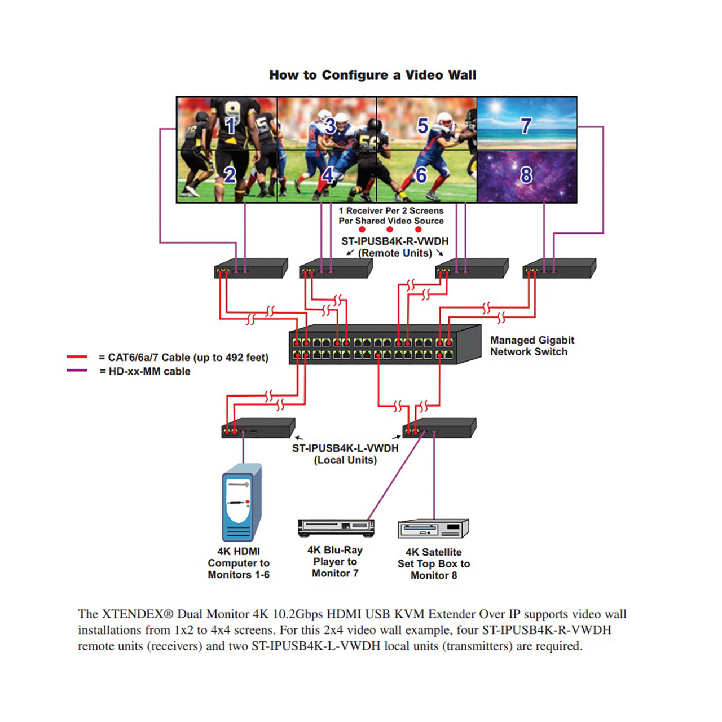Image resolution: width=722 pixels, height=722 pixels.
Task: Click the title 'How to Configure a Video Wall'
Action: tap(372, 75)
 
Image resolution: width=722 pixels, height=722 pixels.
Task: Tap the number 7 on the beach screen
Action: tap(526, 126)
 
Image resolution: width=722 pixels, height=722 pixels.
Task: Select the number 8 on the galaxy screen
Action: tap(526, 175)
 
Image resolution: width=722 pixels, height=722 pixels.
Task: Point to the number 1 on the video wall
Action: tap(230, 125)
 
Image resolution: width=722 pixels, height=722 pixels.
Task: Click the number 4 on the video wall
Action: tap(328, 175)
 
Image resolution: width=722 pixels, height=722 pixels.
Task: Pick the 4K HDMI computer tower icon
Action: tap(242, 502)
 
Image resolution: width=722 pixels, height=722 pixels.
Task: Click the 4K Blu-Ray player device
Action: tap(336, 529)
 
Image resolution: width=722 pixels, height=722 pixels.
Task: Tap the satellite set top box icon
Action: tap(433, 529)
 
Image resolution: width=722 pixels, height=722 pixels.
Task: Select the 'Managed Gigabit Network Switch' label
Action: tap(532, 346)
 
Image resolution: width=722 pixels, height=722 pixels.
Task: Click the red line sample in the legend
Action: tap(77, 356)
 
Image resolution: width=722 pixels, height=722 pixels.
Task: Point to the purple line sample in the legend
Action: tap(77, 371)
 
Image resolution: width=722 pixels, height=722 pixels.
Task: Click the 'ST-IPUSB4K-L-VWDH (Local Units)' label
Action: tap(345, 454)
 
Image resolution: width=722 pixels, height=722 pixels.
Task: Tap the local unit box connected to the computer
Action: tap(258, 428)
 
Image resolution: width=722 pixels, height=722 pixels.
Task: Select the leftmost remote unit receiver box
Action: tap(251, 268)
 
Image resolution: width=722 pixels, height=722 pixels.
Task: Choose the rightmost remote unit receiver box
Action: tap(559, 268)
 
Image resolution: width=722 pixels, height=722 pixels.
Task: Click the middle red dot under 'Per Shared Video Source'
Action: tap(390, 230)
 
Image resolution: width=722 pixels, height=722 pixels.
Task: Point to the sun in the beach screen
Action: tap(495, 108)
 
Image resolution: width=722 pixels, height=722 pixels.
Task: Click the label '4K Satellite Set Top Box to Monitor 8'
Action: tap(434, 563)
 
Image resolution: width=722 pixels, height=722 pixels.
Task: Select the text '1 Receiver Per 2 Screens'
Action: tap(391, 210)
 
